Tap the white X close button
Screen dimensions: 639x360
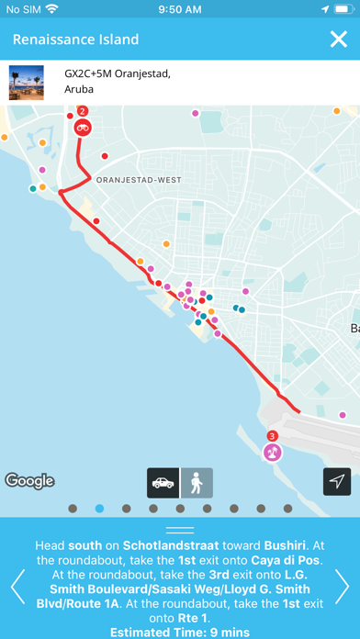tap(337, 39)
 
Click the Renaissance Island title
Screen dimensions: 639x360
tap(75, 39)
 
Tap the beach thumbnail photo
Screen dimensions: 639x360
tap(27, 82)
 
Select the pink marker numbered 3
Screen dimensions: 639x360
tap(272, 450)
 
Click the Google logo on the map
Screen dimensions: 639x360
tap(29, 480)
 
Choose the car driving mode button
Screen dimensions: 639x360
tap(163, 483)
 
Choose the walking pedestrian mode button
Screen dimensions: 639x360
tap(197, 483)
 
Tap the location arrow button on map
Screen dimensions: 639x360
tap(337, 482)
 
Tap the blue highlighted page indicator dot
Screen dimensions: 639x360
tap(99, 508)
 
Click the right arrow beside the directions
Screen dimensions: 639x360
tap(343, 585)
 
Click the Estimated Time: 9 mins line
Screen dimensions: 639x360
tap(180, 633)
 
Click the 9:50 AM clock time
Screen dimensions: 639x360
tap(180, 9)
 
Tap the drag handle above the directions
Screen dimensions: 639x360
tap(180, 530)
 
